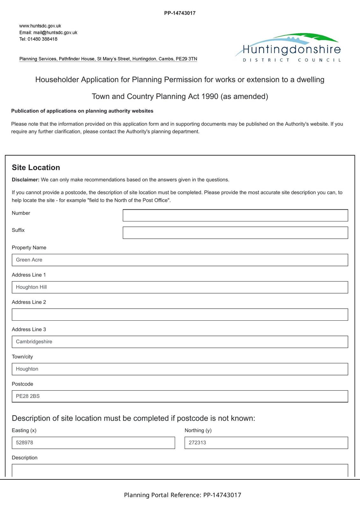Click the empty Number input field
(235, 215)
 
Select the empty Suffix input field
(235, 233)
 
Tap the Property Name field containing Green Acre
(180, 260)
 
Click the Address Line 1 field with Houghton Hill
(180, 287)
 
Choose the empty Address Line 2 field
(180, 314)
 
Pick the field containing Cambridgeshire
(180, 342)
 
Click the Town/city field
(180, 369)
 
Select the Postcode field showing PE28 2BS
(180, 396)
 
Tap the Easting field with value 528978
(93, 443)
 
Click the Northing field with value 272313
(266, 443)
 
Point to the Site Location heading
(36, 168)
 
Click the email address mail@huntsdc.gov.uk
(55, 32)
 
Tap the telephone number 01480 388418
(42, 39)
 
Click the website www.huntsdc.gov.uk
(40, 26)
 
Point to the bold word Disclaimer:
(25, 180)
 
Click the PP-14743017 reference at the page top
(180, 13)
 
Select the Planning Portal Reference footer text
(182, 495)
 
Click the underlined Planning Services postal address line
(108, 59)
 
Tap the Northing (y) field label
(198, 430)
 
